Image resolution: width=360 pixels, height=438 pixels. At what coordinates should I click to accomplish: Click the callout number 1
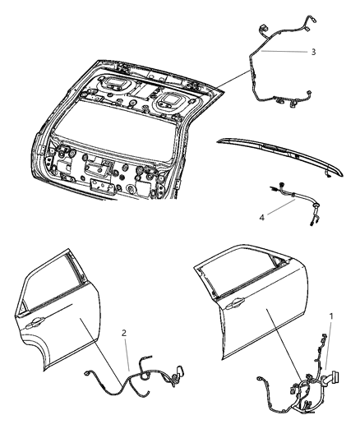coord(332,316)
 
